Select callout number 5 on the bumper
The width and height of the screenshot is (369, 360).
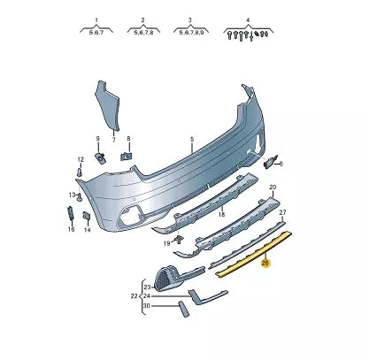click(190, 139)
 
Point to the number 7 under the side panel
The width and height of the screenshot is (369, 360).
click(113, 140)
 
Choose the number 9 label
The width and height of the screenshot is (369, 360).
click(99, 139)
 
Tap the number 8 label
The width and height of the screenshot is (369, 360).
click(128, 139)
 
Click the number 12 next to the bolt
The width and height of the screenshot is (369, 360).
click(80, 160)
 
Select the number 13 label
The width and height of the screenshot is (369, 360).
click(73, 195)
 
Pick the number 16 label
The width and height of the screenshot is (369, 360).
click(71, 229)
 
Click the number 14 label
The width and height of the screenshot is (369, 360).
click(87, 229)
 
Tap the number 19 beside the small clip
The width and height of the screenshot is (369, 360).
click(165, 241)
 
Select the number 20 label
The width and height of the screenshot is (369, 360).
click(273, 188)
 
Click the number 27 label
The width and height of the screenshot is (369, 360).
click(283, 213)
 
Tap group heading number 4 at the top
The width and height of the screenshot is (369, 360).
click(248, 19)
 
